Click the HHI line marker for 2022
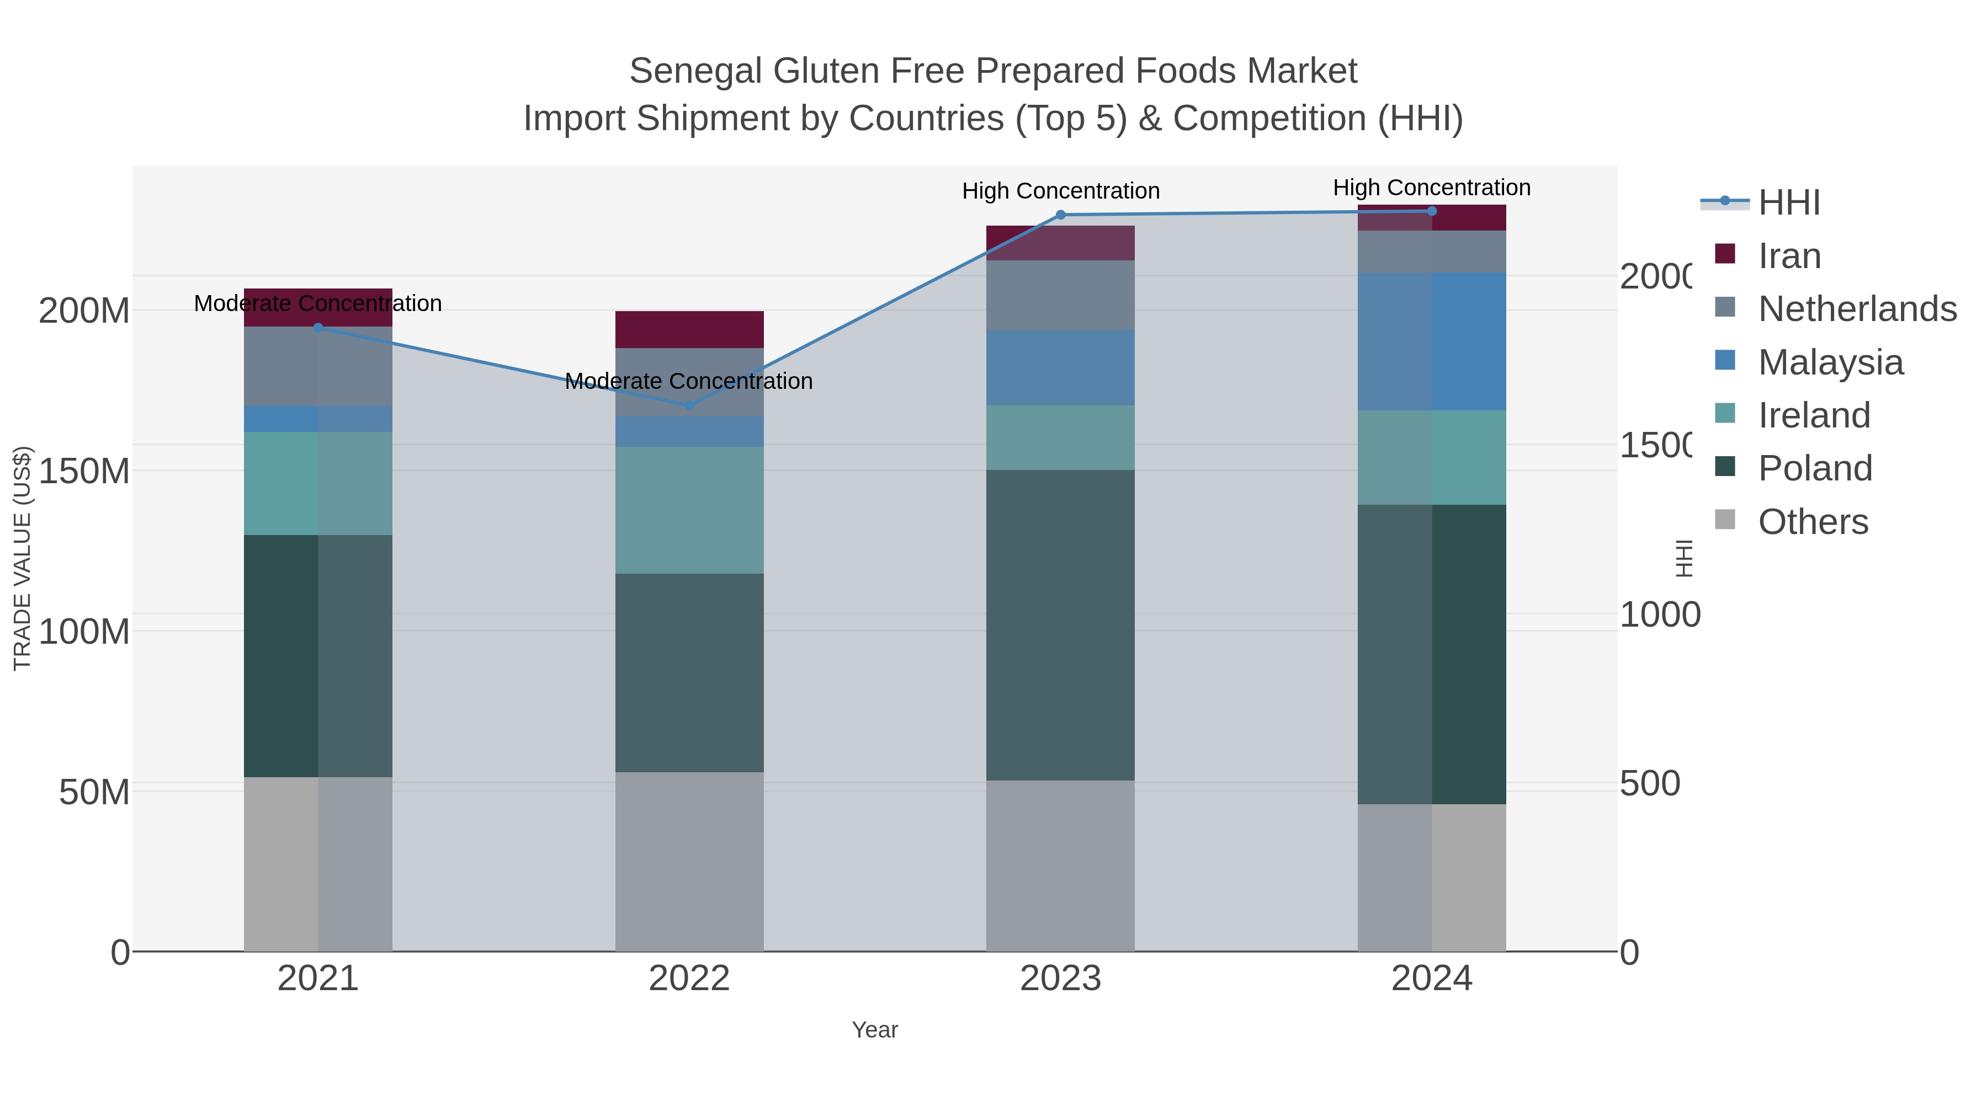pos(689,405)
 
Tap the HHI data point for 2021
pos(318,328)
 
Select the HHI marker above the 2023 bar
pos(1061,215)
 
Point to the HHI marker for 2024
pos(1432,211)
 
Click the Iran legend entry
pos(1789,256)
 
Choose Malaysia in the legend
pos(1830,362)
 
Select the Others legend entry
pos(1813,522)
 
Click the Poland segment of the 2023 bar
pos(1061,624)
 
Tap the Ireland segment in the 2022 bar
pos(689,510)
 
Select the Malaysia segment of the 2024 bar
pos(1432,341)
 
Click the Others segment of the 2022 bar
pos(689,861)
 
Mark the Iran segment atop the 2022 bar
pos(689,329)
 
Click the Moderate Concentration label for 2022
pos(689,382)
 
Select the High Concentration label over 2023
pos(1061,191)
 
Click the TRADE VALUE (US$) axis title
pos(23,558)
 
